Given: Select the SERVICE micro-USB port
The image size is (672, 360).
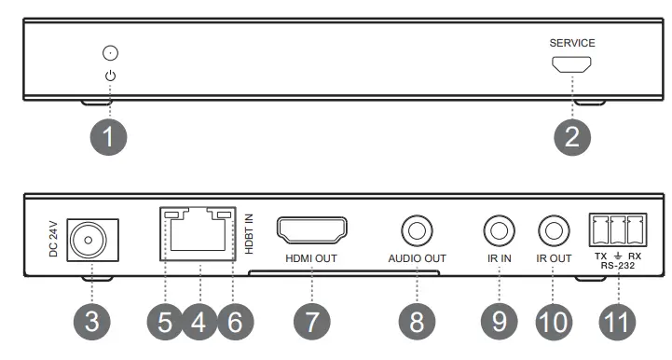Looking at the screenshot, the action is (x=571, y=65).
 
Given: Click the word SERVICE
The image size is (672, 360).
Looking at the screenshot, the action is (x=571, y=43).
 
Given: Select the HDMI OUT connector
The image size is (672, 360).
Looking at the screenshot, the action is (x=312, y=228).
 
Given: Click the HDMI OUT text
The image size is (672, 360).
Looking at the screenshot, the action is (x=312, y=257).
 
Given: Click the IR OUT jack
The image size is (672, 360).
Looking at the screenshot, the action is (x=553, y=228).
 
